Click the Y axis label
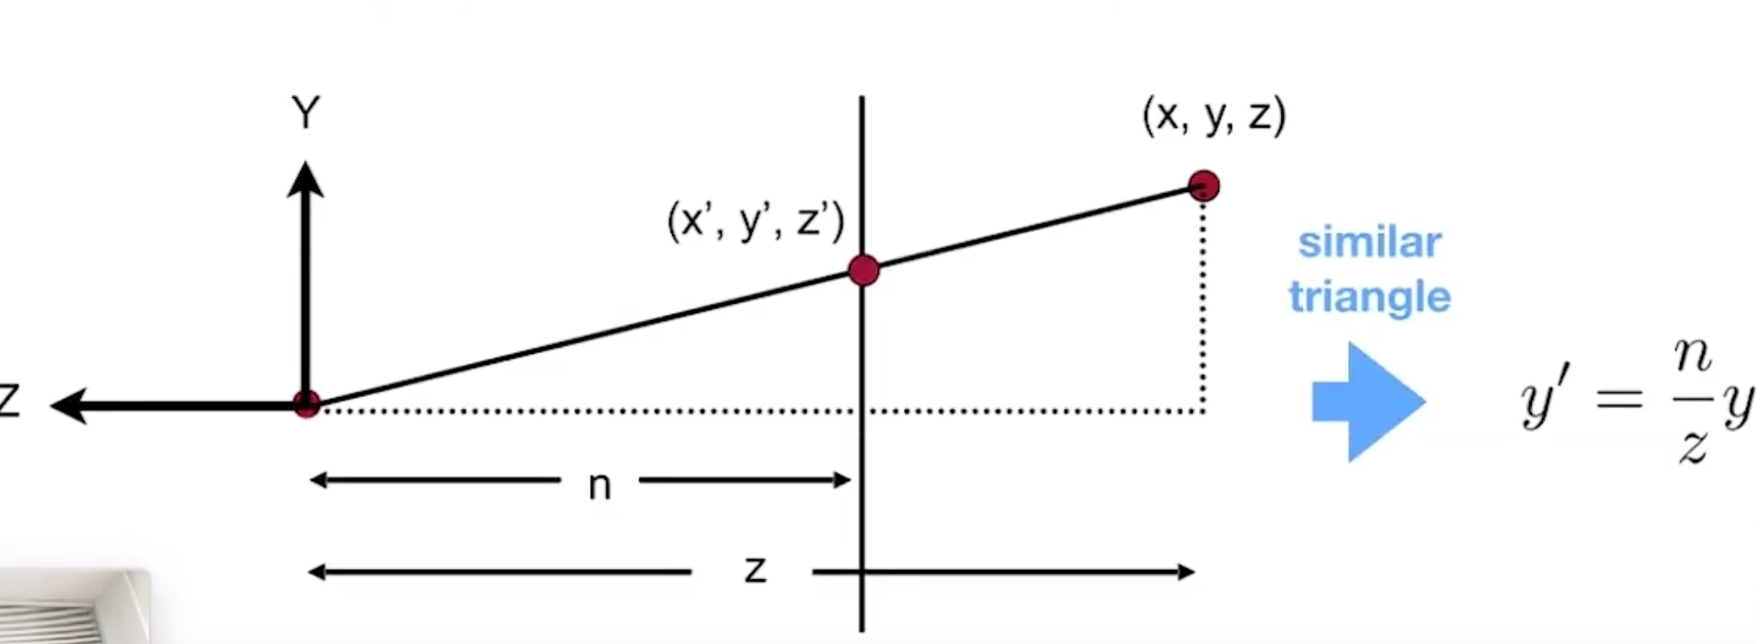click(305, 113)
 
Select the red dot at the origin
click(306, 403)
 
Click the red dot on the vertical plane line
click(863, 270)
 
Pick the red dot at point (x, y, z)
click(1204, 186)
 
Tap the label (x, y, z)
click(1214, 115)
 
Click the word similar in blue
click(1369, 243)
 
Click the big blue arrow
click(1368, 402)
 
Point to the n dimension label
click(599, 486)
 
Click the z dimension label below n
click(755, 570)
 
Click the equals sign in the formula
click(1619, 399)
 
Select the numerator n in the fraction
click(1692, 356)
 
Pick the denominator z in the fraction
click(1692, 445)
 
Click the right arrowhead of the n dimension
click(842, 479)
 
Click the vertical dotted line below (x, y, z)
click(1203, 302)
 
